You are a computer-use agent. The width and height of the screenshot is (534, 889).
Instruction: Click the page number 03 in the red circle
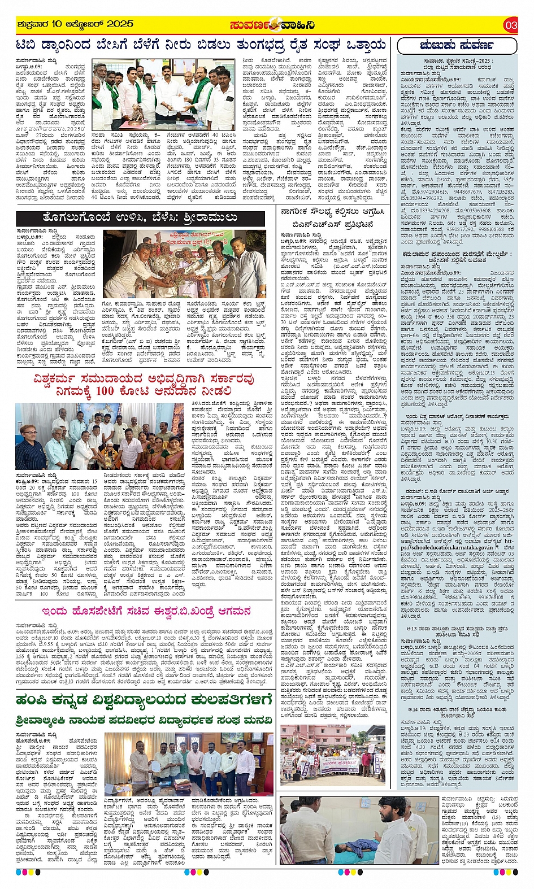tap(511, 25)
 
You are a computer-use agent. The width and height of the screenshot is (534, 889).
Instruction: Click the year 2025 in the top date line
tap(119, 24)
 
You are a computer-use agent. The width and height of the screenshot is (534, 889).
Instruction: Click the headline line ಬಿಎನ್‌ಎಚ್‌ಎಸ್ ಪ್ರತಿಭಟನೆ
tap(333, 225)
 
